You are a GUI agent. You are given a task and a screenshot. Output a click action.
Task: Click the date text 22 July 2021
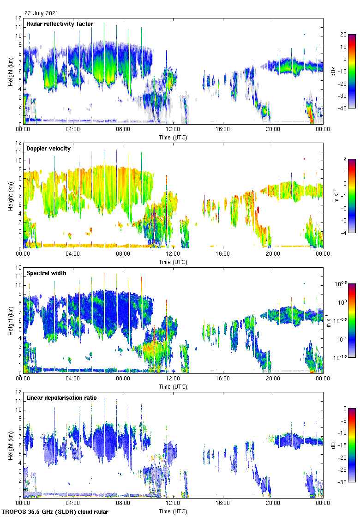pos(42,13)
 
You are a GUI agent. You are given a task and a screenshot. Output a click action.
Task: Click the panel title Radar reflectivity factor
pos(60,24)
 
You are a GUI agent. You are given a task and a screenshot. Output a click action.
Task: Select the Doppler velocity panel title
pos(48,149)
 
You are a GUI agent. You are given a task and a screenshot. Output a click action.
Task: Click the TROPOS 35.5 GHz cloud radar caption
pos(55,512)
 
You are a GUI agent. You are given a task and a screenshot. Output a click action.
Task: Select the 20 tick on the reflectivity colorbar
pos(343,35)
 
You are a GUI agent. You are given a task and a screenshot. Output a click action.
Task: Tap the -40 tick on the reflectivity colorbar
pos(343,108)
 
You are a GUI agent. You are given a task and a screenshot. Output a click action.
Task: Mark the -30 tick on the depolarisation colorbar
pos(343,482)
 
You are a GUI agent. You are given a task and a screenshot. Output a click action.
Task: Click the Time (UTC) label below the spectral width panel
pos(173,386)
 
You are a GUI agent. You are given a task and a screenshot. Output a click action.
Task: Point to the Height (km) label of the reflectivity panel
pos(10,71)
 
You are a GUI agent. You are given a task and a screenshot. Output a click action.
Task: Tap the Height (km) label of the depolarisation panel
pos(10,445)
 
